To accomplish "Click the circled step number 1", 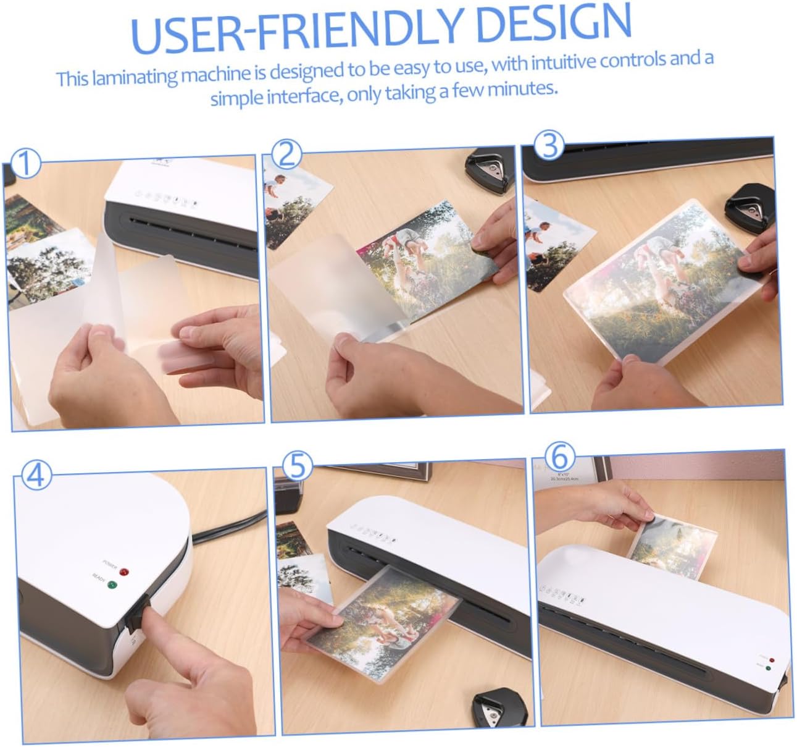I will [x=25, y=164].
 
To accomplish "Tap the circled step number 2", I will [x=286, y=154].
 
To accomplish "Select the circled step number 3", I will [x=549, y=145].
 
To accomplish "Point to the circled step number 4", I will [x=36, y=476].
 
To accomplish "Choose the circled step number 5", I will [x=298, y=465].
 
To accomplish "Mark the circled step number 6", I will [x=560, y=457].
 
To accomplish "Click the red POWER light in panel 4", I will [x=124, y=572].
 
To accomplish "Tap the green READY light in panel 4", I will [x=112, y=585].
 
